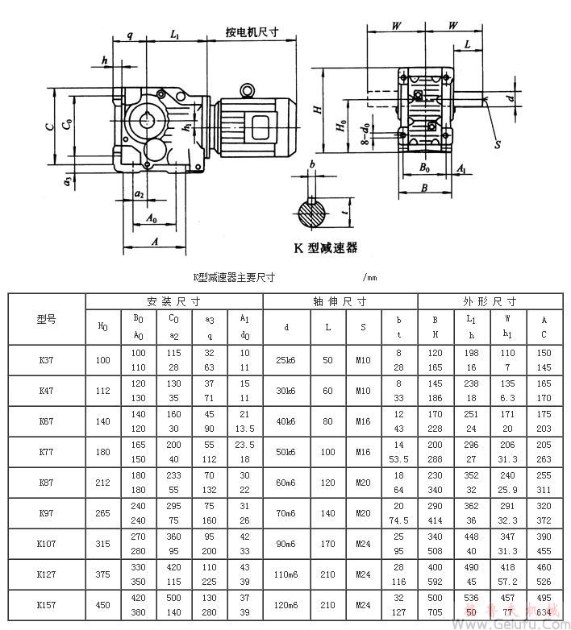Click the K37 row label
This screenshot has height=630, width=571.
click(x=46, y=360)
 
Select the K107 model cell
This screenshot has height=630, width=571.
click(x=46, y=544)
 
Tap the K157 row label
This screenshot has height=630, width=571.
click(x=46, y=605)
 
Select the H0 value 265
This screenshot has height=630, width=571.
click(x=103, y=513)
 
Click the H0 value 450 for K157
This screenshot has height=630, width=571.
click(x=103, y=605)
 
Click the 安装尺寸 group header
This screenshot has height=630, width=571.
click(x=173, y=301)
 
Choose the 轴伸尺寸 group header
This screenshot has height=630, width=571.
click(x=340, y=301)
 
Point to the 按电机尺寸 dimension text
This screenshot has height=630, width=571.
click(x=252, y=32)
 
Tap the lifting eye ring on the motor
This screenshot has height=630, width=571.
click(x=248, y=90)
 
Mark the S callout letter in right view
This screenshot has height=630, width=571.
click(x=497, y=144)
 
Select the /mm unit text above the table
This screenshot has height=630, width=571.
click(x=370, y=278)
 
